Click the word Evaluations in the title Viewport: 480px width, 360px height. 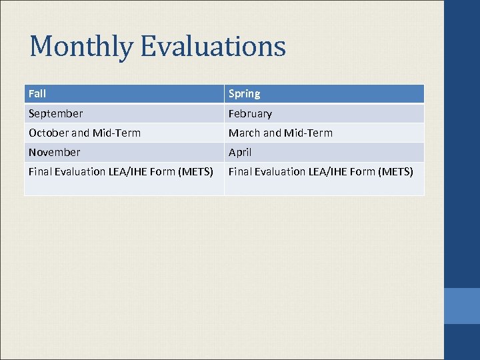click(x=213, y=47)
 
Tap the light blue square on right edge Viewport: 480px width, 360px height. click(x=461, y=306)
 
